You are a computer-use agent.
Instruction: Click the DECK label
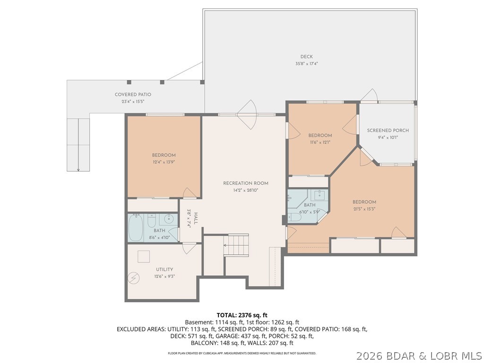(x=306, y=57)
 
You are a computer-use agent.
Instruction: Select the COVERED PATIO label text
(x=133, y=95)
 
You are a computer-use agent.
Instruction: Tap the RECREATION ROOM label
(x=246, y=183)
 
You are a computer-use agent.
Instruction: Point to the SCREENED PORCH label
(x=388, y=130)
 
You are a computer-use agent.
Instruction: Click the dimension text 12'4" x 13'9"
(x=164, y=162)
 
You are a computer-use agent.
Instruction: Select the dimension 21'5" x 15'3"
(x=364, y=208)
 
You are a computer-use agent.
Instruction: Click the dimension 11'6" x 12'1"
(x=320, y=142)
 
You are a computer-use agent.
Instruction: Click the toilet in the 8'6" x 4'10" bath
(x=152, y=220)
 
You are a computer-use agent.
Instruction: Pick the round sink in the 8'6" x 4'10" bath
(x=169, y=220)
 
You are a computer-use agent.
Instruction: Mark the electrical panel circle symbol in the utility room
(x=134, y=278)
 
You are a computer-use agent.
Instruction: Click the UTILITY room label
(x=164, y=269)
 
